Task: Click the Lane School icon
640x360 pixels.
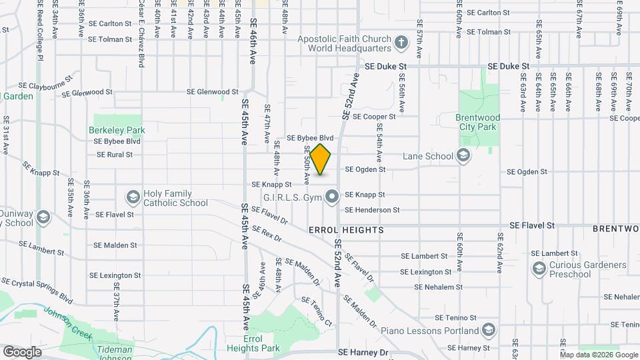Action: click(x=463, y=156)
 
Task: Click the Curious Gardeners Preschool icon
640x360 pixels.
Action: click(x=539, y=269)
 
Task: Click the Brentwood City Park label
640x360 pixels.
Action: click(x=477, y=121)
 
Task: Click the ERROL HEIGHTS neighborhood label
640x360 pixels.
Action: click(x=346, y=230)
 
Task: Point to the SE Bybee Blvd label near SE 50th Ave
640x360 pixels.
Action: click(x=310, y=138)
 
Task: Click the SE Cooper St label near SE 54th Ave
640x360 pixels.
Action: click(x=374, y=117)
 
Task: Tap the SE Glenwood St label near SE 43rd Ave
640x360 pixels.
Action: click(x=212, y=92)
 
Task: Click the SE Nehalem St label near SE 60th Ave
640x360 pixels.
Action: click(x=438, y=287)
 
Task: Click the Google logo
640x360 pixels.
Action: click(x=21, y=351)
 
